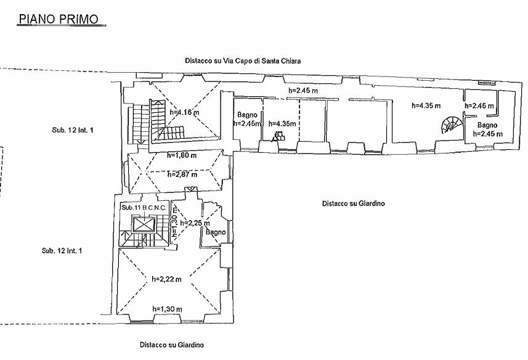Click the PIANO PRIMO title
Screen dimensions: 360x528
point(59,18)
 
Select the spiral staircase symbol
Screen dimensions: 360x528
point(449,125)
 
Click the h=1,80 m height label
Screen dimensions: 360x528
point(182,155)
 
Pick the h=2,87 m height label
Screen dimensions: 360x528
point(182,174)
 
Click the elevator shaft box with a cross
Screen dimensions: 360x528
point(143,226)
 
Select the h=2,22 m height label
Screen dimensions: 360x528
point(166,279)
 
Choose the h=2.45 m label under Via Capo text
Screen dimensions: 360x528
point(303,91)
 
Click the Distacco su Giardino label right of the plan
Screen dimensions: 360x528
point(353,203)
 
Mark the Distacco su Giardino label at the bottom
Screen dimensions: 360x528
point(171,345)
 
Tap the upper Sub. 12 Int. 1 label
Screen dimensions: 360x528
point(76,130)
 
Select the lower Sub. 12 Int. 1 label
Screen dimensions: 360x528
point(62,250)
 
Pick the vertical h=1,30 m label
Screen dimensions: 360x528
point(175,227)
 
